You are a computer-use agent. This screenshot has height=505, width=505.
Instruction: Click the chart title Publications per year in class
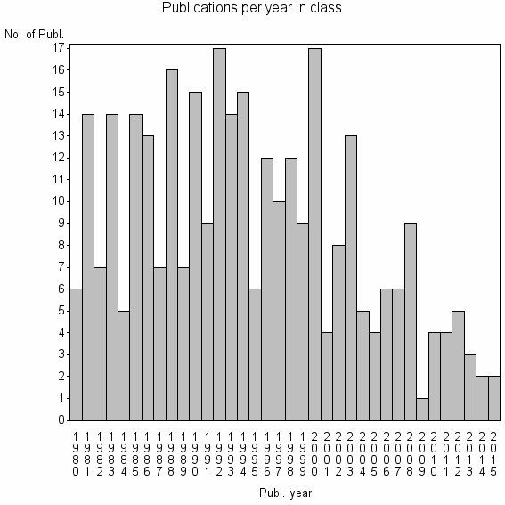click(x=252, y=8)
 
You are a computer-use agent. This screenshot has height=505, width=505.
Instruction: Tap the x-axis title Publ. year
click(x=284, y=492)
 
